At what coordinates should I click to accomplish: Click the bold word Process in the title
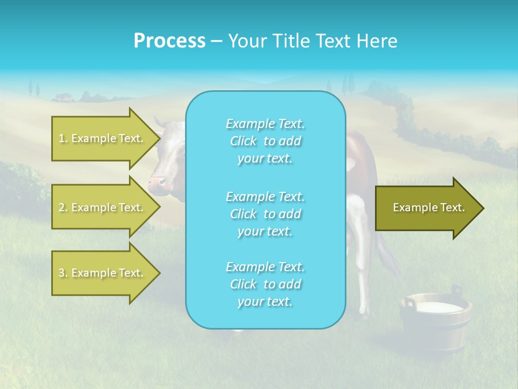169,41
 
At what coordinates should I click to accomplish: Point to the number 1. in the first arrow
63,138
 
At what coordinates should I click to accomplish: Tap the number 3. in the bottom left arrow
63,273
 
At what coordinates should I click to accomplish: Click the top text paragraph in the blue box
265,141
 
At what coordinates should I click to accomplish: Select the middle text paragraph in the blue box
265,214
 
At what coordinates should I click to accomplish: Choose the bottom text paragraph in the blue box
265,284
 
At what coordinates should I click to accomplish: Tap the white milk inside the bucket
438,307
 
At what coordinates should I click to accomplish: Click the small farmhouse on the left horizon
63,97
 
